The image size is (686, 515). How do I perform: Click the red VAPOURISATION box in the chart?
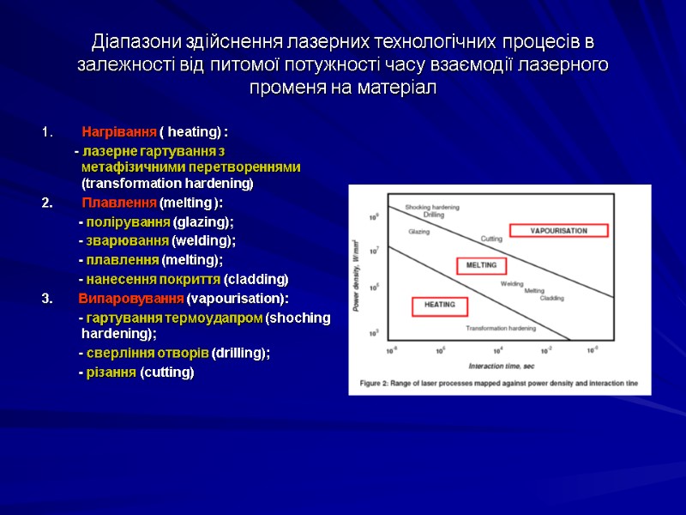pos(557,230)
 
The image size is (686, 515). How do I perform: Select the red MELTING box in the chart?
pos(481,265)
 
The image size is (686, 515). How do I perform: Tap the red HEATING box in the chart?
pos(439,304)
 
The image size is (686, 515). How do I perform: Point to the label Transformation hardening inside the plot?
pos(501,328)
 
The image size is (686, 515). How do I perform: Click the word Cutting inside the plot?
pos(490,238)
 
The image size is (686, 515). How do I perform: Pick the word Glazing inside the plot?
pos(418,232)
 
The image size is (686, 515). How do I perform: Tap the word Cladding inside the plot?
pos(551,298)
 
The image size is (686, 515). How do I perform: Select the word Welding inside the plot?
pos(512,282)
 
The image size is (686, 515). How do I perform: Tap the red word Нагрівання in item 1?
pos(119,132)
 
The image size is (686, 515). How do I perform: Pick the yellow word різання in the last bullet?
pos(111,372)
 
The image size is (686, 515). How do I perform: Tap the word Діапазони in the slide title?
pos(131,41)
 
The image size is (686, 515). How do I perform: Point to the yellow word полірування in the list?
pos(128,221)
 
